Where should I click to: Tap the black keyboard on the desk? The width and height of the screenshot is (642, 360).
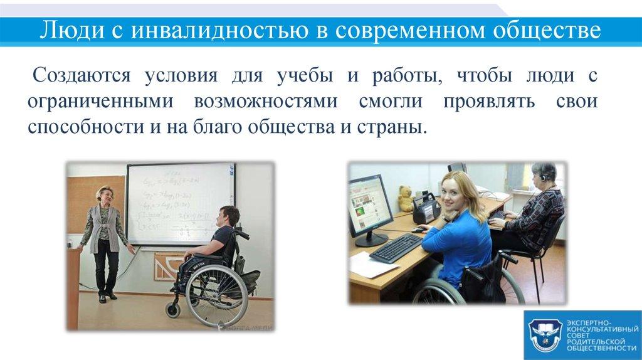coord(396,247)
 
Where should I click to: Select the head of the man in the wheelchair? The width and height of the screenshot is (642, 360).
coord(227,216)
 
